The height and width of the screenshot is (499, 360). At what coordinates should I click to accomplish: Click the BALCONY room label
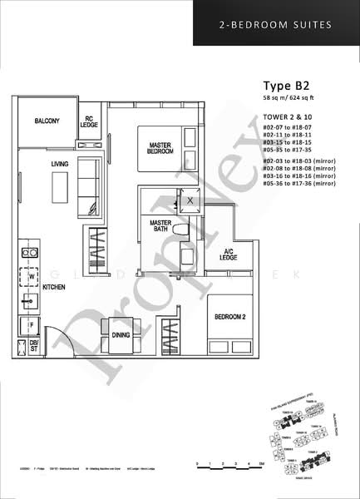[x=47, y=121]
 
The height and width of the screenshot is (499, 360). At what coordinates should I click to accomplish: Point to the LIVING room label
[x=58, y=164]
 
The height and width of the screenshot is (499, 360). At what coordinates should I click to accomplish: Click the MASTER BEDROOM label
[x=160, y=147]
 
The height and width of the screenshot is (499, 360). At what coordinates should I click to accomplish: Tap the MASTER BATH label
[x=160, y=226]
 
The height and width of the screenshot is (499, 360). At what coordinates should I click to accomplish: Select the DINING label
[x=121, y=335]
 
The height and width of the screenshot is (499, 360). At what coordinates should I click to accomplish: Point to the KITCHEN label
[x=54, y=287]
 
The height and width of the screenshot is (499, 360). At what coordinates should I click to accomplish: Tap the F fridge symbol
[x=32, y=323]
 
